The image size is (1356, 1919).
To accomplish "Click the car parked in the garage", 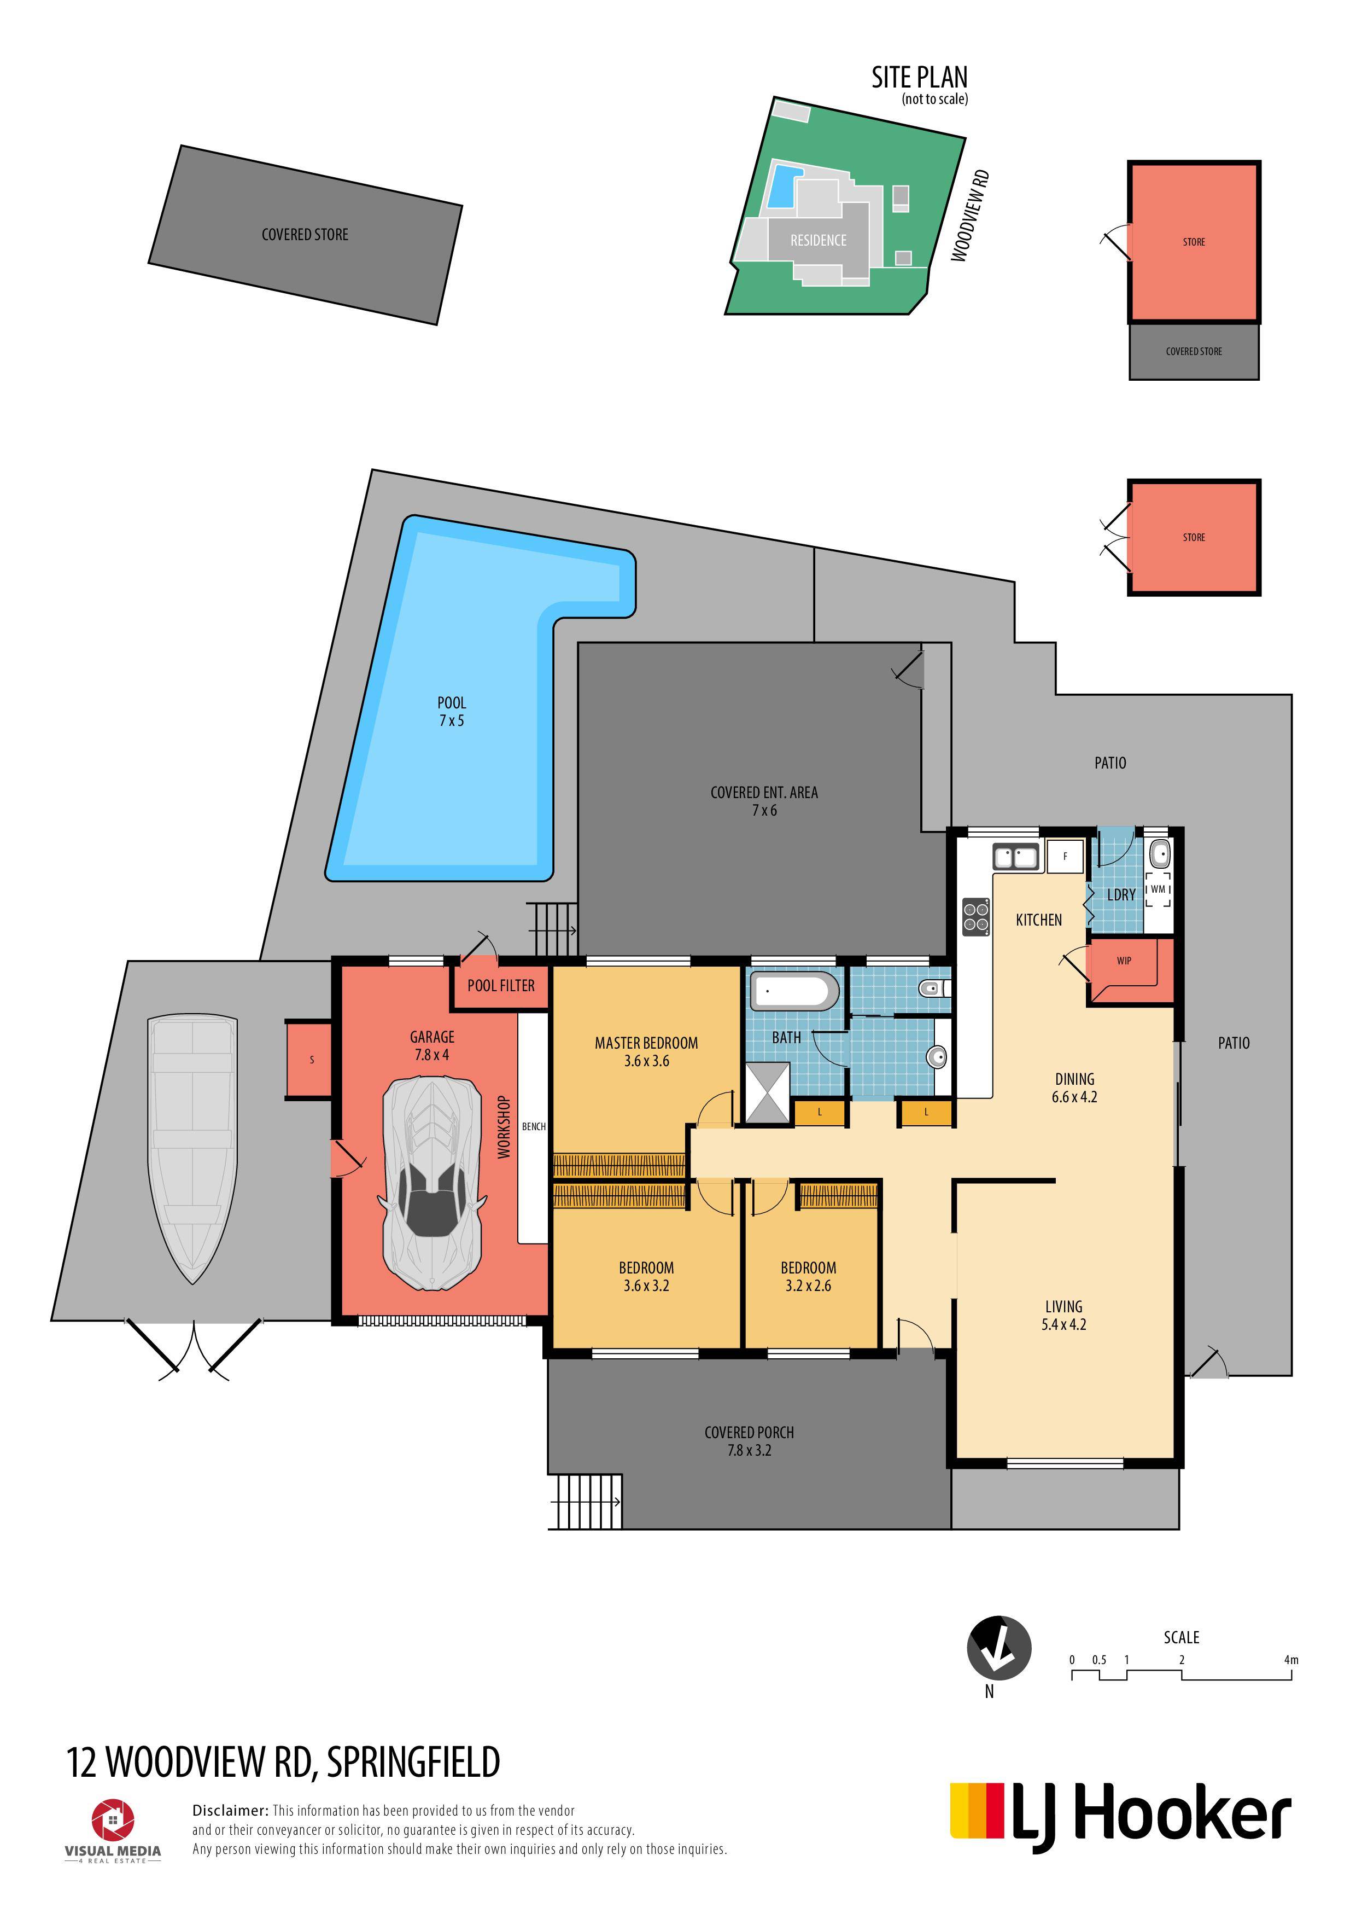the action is click(432, 1183).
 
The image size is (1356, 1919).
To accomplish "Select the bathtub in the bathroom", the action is click(794, 991).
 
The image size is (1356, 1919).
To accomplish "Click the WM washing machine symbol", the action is click(1158, 889).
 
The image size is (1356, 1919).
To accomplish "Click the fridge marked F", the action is click(1065, 857).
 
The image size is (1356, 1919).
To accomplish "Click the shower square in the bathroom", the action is click(768, 1092).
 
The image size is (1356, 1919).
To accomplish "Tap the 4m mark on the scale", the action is click(1291, 1659).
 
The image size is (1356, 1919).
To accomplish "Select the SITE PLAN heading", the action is click(920, 78).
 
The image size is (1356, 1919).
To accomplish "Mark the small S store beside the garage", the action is click(310, 1060).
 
